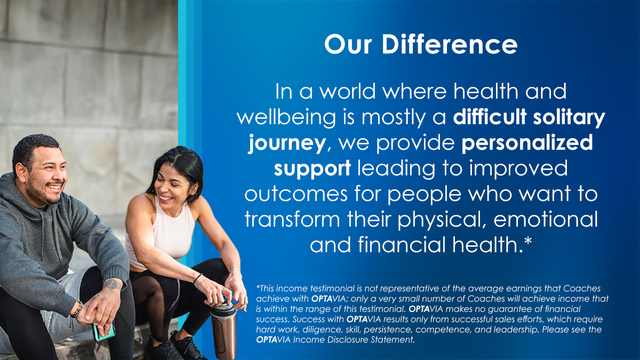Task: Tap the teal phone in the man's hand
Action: (x=104, y=331)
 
